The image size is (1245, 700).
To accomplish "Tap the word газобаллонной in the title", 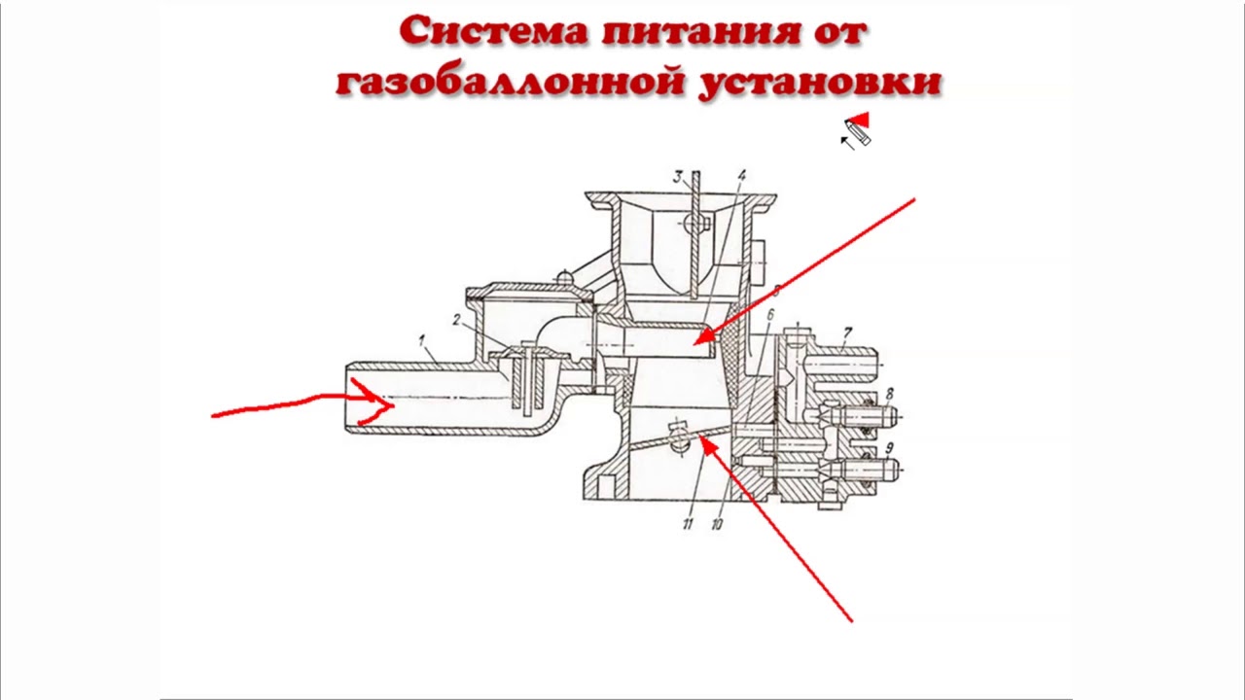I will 508,82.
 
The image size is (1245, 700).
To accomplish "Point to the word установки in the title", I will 820,82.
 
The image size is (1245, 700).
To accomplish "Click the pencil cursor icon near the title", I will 857,130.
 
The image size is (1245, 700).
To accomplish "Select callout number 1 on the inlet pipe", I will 422,340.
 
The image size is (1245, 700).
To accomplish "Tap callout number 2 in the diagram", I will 456,320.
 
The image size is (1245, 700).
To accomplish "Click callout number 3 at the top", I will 677,177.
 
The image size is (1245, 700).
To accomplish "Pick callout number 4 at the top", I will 741,177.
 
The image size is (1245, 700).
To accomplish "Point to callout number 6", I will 769,315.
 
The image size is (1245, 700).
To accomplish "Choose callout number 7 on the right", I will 847,333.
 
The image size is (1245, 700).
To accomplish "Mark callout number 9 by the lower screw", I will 889,449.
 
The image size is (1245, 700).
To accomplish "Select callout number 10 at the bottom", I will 717,524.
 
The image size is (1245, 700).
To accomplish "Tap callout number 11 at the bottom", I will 687,524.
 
